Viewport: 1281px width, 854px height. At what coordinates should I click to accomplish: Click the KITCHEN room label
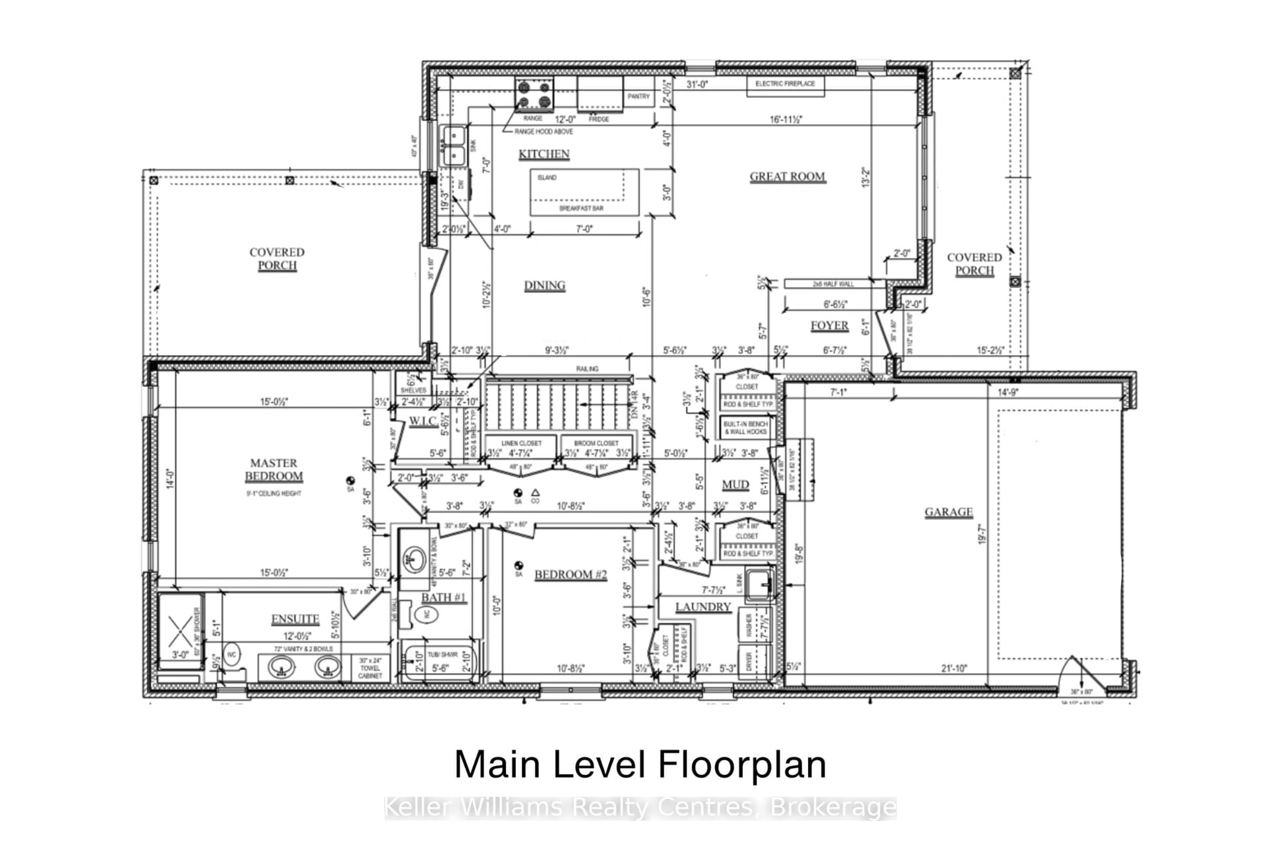click(543, 154)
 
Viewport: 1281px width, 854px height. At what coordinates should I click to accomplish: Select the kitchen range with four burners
click(534, 94)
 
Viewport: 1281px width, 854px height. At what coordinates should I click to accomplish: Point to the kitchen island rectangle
click(584, 192)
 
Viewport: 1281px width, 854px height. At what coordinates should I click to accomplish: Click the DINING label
click(545, 286)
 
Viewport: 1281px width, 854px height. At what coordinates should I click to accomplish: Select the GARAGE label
click(948, 512)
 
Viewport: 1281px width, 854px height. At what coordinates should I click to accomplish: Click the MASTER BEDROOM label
click(274, 469)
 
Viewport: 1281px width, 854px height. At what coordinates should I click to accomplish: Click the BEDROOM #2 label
click(570, 574)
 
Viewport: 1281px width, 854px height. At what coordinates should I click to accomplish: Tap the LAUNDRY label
click(703, 607)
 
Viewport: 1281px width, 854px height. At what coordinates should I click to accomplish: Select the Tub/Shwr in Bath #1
click(439, 662)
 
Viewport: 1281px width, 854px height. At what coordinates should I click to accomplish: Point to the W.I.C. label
click(423, 421)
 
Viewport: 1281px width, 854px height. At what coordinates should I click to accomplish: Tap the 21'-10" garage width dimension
click(954, 668)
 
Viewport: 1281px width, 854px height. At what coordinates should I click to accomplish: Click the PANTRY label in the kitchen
click(638, 96)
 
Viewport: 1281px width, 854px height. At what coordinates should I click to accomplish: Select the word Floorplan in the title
click(742, 764)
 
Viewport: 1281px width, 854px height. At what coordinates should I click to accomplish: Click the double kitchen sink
click(453, 146)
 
